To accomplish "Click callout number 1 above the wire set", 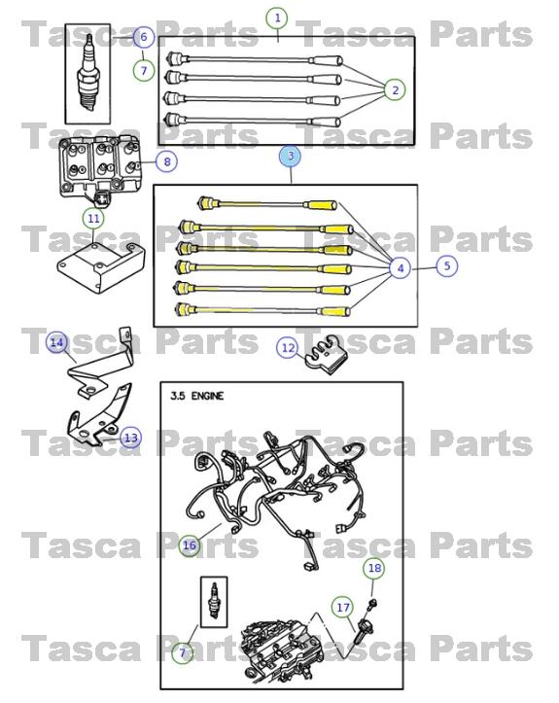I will (x=278, y=18).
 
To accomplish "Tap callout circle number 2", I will (x=395, y=90).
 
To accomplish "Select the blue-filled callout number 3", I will (x=290, y=156).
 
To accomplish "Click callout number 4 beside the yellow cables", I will (x=400, y=268).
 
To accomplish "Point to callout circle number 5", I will (x=446, y=264).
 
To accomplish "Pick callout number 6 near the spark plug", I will (x=143, y=38).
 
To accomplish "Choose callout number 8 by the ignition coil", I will (x=166, y=161).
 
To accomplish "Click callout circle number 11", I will (x=93, y=219).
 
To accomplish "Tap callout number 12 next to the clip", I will (x=288, y=347).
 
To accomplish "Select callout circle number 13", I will (x=131, y=439).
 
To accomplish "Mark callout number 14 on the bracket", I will (x=57, y=342).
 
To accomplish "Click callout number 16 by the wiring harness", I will (x=189, y=545).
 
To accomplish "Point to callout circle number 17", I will (x=343, y=607).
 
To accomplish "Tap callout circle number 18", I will (x=374, y=567).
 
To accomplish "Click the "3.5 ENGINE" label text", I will (x=198, y=397).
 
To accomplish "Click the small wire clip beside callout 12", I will (x=328, y=358).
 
